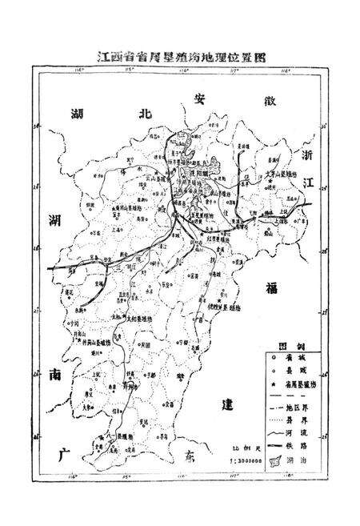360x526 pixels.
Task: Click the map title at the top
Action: point(180,58)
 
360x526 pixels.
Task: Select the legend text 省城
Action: point(305,361)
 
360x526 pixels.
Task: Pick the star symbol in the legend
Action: point(277,385)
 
